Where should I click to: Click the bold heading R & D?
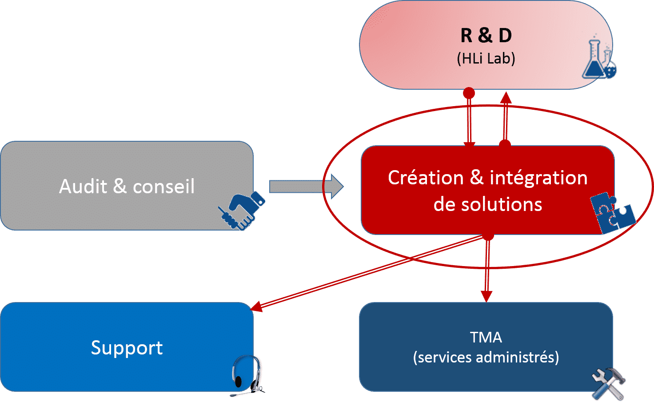click(486, 36)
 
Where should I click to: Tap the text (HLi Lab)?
click(486, 59)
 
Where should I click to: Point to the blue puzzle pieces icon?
click(612, 212)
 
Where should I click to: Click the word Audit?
click(83, 187)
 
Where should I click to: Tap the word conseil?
click(163, 187)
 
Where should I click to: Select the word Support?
click(127, 348)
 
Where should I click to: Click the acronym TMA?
click(486, 338)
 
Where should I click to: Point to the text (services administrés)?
click(486, 358)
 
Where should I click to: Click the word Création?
click(426, 178)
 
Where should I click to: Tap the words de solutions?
click(487, 205)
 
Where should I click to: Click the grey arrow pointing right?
click(306, 187)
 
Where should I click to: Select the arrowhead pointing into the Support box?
click(257, 306)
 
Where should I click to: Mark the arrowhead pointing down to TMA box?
click(487, 296)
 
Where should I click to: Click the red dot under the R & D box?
click(469, 93)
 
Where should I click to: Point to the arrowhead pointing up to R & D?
click(506, 97)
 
